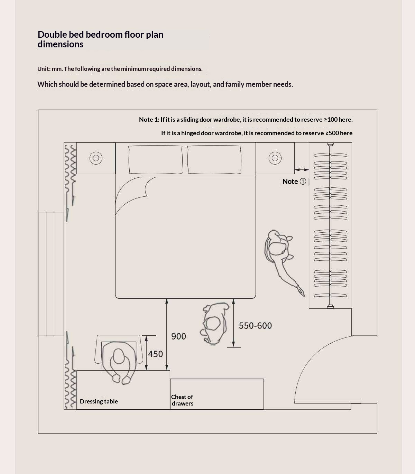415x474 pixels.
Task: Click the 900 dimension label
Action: tap(178, 336)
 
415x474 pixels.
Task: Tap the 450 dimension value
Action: tap(155, 354)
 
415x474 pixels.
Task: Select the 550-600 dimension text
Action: tap(255, 325)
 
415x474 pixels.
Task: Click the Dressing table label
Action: tap(99, 401)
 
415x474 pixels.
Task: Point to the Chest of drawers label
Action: tap(182, 400)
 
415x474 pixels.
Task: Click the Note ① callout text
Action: tap(294, 182)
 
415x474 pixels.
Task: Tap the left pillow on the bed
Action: tap(155, 159)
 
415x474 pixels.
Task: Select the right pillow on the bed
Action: tap(214, 159)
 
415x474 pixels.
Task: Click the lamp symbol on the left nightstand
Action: tap(96, 158)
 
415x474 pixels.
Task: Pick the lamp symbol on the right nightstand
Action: tap(275, 158)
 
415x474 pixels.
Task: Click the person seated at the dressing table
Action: tap(119, 363)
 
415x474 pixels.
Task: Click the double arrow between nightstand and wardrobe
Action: tap(302, 170)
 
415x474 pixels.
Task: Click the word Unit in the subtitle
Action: tap(43, 69)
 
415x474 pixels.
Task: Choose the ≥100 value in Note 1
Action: tap(331, 120)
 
